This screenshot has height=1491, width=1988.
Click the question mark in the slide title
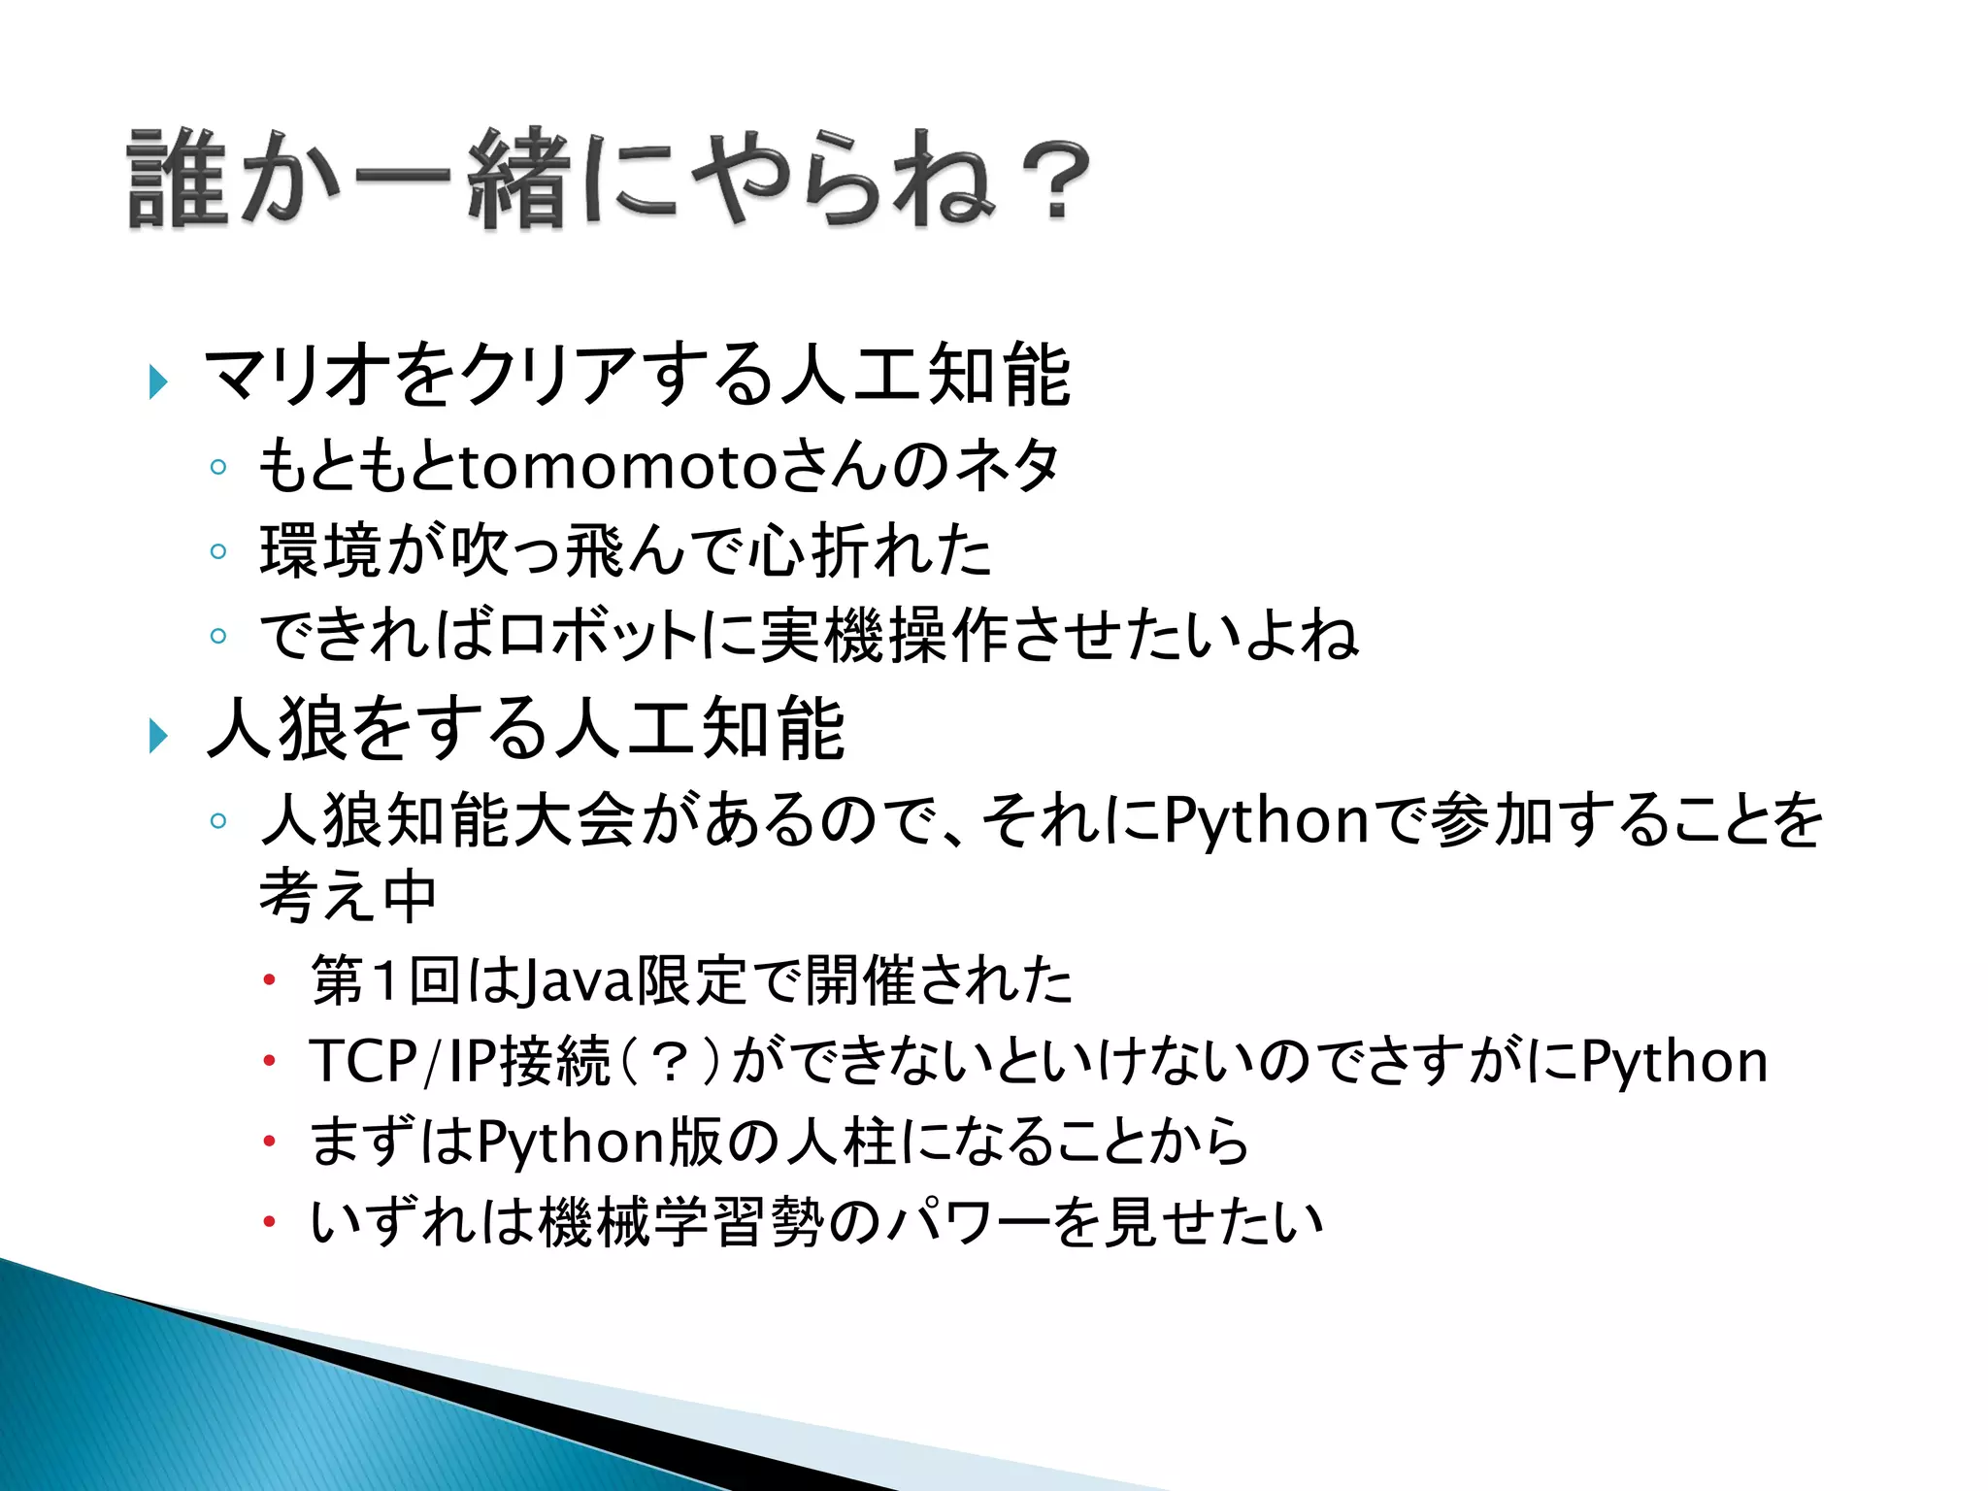(1055, 182)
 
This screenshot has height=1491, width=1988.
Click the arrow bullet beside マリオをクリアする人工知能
(158, 381)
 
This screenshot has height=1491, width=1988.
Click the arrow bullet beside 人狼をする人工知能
(158, 736)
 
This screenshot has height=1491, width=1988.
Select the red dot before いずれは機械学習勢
(269, 1222)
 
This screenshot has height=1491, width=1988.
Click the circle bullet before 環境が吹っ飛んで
(218, 552)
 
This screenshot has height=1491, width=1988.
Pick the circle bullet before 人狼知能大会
(218, 821)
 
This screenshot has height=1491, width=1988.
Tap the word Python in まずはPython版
(572, 1142)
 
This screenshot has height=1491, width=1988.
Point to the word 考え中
(348, 896)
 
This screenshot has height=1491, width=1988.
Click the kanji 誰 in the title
(177, 180)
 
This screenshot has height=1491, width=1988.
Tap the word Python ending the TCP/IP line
(1674, 1061)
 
